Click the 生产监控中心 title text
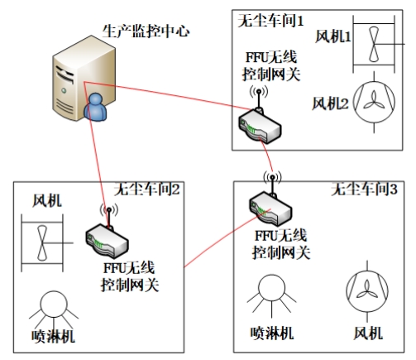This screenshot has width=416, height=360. pos(146,31)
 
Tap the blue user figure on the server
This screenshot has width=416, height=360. pos(95,107)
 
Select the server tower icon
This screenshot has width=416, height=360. pos(84,78)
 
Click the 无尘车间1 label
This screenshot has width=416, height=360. pos(270,21)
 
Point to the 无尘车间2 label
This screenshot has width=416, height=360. pos(147,190)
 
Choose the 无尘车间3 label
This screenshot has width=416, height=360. pos(364,190)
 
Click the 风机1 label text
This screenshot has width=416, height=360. pos(333,36)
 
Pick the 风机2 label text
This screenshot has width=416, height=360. pos(330,103)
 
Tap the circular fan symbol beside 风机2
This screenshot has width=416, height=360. pos(374,102)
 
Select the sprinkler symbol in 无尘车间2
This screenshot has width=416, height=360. pos(54,310)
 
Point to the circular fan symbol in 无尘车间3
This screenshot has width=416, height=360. pos(367,291)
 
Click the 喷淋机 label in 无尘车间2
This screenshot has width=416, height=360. pos(53,336)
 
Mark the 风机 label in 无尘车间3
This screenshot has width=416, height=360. pos(368,334)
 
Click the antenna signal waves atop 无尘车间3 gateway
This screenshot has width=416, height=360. pos(272,177)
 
